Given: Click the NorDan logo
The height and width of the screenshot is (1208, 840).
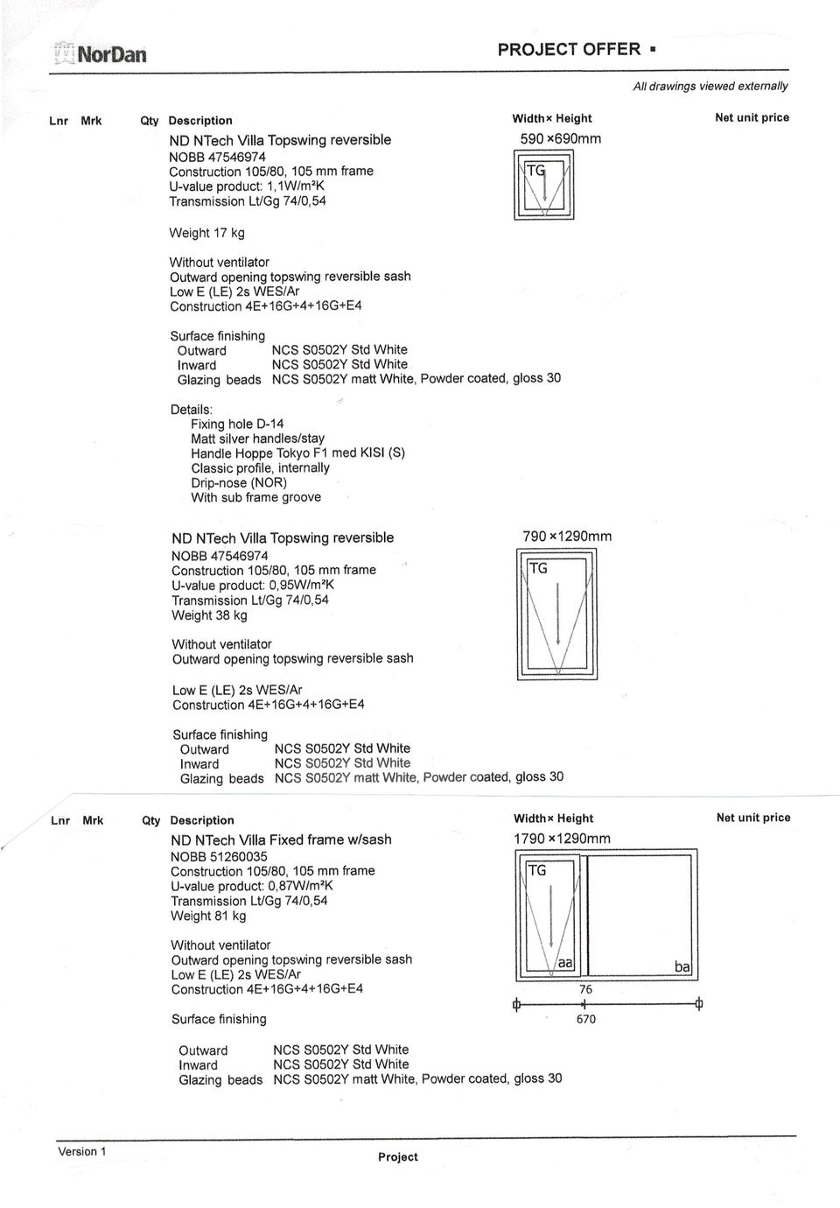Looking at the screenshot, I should tap(101, 54).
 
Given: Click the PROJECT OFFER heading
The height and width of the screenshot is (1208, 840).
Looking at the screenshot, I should tap(569, 50).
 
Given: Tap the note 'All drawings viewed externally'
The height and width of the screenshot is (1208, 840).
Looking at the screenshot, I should tap(710, 86).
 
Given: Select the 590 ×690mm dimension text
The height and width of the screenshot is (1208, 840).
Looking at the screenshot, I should tap(560, 138).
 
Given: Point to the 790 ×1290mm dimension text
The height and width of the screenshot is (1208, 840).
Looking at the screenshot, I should tap(567, 536).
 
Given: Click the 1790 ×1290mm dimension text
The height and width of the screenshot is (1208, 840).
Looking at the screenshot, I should tap(562, 838).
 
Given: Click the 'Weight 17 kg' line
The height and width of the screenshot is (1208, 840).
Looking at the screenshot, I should tap(207, 233).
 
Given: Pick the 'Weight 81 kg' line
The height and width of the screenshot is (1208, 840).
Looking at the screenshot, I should tap(208, 916).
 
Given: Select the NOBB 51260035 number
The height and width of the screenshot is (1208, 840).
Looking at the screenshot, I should tap(219, 856).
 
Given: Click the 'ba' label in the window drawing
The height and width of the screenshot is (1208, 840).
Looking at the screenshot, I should tap(682, 966).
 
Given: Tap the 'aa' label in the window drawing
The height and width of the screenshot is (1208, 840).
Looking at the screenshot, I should tap(565, 963).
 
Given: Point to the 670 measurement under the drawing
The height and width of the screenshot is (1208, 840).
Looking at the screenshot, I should tap(586, 1019).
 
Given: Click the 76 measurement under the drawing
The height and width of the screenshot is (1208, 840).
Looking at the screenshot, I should tap(585, 989).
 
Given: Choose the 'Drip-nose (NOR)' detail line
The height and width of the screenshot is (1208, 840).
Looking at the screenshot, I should tap(239, 482).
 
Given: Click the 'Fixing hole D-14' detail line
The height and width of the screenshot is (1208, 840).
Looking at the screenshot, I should tap(237, 424).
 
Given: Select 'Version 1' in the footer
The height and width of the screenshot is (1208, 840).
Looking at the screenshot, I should tap(81, 1151).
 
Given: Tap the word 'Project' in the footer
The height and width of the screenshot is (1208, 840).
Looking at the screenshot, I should tap(398, 1156).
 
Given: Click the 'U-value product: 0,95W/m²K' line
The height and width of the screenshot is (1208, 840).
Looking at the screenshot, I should tap(253, 585).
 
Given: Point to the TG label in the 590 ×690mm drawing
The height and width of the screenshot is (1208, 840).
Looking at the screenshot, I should tap(535, 171).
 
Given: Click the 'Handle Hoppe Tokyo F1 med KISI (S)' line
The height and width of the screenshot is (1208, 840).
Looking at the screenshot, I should tap(297, 453).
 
